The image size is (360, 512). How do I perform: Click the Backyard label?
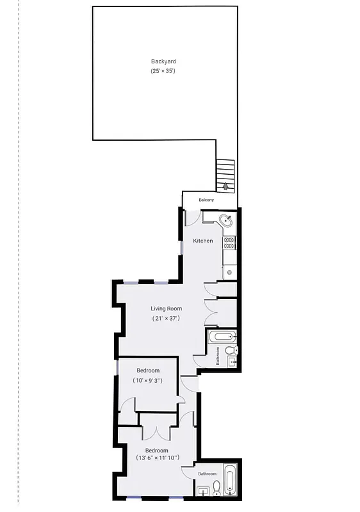(x=163, y=61)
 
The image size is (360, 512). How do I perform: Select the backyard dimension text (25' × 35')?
(x=163, y=70)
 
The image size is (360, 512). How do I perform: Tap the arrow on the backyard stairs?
(x=225, y=185)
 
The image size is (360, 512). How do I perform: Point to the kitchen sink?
(x=226, y=221)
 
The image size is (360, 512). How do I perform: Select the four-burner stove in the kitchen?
(x=229, y=243)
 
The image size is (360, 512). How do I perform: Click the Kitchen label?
(x=203, y=241)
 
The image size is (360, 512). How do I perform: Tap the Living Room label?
(x=166, y=308)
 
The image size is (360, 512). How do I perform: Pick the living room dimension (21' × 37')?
(x=166, y=318)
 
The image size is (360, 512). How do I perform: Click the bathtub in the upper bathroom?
(x=222, y=337)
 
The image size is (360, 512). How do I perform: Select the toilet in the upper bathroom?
(x=231, y=350)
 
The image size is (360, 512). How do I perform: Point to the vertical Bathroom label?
(x=218, y=356)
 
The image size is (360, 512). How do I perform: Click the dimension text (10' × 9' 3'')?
(x=147, y=381)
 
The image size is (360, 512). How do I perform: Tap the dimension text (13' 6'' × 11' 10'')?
(x=157, y=458)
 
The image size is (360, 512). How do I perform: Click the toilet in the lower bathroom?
(x=217, y=488)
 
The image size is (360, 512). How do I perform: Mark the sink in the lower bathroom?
(x=204, y=491)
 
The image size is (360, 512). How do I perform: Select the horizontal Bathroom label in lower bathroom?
(x=207, y=474)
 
